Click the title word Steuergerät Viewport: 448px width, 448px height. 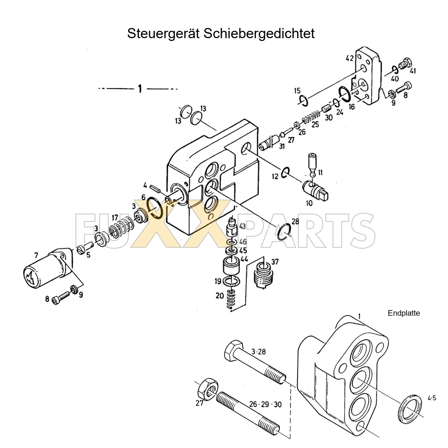(163, 34)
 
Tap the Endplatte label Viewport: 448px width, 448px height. (404, 313)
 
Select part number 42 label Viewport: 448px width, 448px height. (350, 58)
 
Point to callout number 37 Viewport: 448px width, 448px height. (275, 262)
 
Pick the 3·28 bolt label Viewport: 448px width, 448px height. (259, 352)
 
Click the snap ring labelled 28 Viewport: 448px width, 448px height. (283, 232)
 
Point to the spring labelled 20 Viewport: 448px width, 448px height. (230, 300)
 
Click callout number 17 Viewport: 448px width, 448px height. (115, 218)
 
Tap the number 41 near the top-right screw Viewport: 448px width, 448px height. (413, 71)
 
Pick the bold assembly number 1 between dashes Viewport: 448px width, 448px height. (140, 89)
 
